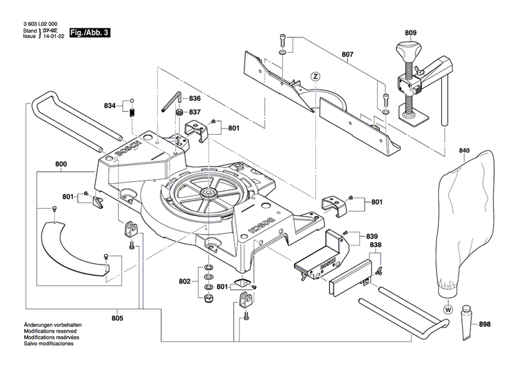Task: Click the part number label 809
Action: click(411, 33)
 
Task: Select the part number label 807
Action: click(347, 54)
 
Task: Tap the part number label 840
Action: click(464, 151)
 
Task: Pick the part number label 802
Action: click(184, 281)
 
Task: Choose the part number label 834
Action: click(110, 106)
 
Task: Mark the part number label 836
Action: click(195, 99)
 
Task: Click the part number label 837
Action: click(195, 112)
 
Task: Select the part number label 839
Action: click(372, 236)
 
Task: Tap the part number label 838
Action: click(374, 246)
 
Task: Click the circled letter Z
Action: click(315, 76)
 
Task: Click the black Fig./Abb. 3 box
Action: click(90, 33)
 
